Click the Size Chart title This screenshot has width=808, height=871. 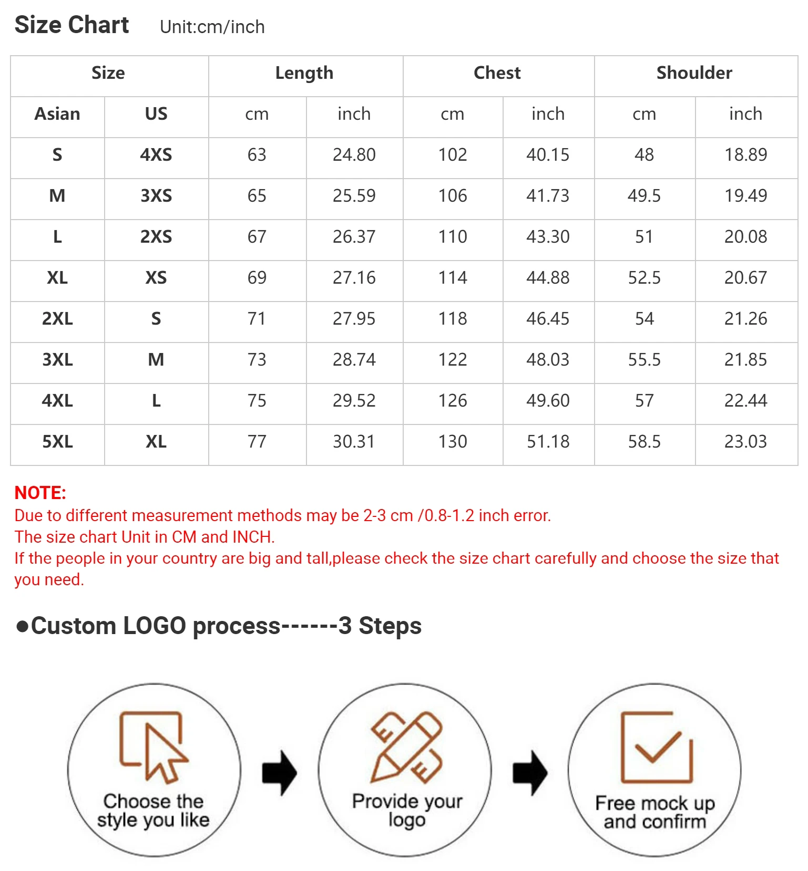coord(72,25)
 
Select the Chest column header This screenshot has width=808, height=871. coord(497,73)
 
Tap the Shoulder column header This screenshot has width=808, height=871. coord(694,73)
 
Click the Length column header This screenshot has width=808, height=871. coord(304,73)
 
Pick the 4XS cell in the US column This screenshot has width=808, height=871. coord(156,155)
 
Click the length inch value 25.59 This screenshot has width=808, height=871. coord(354,196)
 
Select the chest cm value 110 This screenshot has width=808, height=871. coord(453,237)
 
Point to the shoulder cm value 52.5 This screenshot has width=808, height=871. coord(644,278)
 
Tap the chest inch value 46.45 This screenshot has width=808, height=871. coord(548,319)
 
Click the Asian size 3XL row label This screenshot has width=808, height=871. coord(57,360)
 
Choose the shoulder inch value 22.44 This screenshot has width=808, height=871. coord(745,401)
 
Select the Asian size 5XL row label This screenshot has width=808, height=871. coord(57,442)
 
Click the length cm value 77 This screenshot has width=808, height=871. coord(257,442)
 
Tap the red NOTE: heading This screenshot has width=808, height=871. coord(40,493)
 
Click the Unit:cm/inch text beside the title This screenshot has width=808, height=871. coord(212,27)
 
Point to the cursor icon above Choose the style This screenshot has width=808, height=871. coord(153,746)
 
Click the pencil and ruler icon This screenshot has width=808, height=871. coord(406,746)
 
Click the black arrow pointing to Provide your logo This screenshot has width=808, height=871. coord(280,772)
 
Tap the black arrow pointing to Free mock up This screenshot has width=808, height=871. coord(530,772)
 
